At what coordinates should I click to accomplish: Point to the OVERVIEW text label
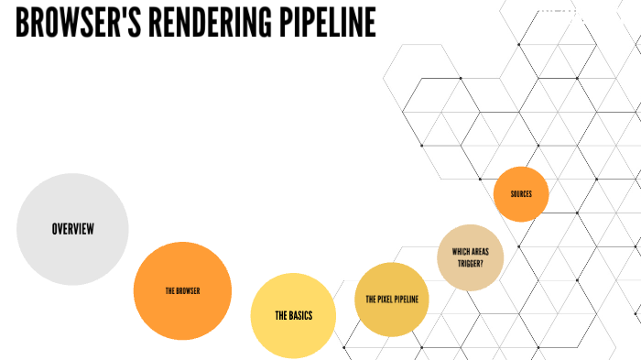pos(73,229)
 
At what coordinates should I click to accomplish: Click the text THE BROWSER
pos(182,291)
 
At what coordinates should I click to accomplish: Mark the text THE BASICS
pos(293,316)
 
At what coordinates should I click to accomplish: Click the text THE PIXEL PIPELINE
pos(391,300)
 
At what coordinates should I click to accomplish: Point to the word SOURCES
pos(521,194)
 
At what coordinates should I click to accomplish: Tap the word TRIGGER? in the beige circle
pos(471,263)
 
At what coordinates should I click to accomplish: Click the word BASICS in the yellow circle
pos(300,316)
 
